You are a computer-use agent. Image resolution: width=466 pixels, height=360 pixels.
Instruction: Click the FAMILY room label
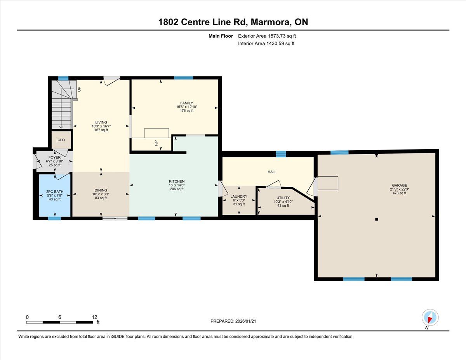[x=186, y=103]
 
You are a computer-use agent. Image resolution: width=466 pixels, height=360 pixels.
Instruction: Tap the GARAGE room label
[x=399, y=185]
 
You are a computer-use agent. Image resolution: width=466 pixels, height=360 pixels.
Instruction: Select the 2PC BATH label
[x=55, y=192]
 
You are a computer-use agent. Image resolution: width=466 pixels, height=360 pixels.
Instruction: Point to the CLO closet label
[x=61, y=140]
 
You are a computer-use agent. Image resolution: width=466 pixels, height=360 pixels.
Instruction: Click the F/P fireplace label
[x=156, y=143]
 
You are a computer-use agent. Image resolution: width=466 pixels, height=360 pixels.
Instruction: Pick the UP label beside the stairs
[x=79, y=89]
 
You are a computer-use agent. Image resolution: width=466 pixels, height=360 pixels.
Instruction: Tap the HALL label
[x=272, y=172]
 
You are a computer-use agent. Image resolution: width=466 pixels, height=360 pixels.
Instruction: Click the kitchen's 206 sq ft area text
[x=177, y=189]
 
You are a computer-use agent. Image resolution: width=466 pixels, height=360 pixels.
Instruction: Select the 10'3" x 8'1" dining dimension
[x=101, y=194]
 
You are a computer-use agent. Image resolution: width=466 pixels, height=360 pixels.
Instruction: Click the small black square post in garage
[x=376, y=219]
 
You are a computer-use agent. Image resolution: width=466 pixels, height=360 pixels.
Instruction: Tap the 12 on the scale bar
[x=94, y=317]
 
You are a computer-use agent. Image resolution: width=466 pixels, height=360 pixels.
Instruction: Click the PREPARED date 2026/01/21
[x=245, y=321]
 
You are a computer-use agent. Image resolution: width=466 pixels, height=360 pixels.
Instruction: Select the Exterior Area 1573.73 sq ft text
[x=267, y=36]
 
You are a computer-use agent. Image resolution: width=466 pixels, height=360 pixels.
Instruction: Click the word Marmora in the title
[x=270, y=22]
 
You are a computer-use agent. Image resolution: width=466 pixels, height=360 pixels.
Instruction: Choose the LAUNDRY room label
[x=239, y=197]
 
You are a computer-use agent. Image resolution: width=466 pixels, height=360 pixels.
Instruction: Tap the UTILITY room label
[x=283, y=198]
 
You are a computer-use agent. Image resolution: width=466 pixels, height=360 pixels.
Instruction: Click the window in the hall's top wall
[x=281, y=154]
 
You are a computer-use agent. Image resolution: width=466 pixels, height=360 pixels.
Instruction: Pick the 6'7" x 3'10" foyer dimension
[x=54, y=161]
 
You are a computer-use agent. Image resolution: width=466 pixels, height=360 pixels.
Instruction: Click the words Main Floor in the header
[x=221, y=36]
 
